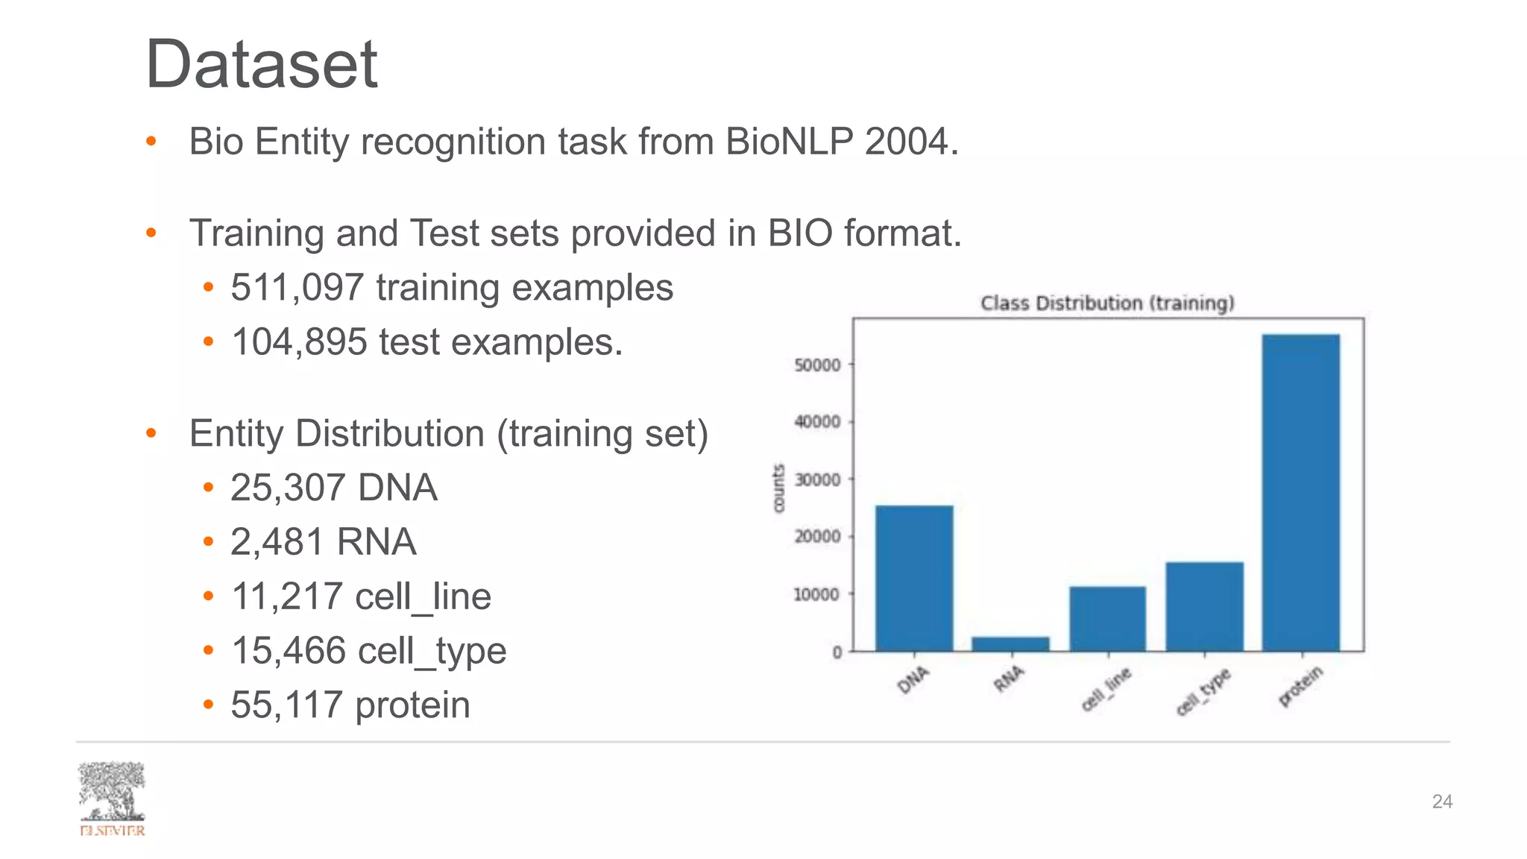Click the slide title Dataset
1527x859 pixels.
(261, 65)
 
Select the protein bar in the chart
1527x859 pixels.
(1300, 492)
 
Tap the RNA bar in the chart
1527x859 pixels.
(1010, 644)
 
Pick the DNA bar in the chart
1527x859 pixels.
(914, 578)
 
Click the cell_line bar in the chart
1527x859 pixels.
(1107, 619)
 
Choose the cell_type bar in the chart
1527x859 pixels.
(1204, 606)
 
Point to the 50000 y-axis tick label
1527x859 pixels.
(817, 365)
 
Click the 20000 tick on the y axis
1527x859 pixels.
(817, 537)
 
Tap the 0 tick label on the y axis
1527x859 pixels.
(837, 652)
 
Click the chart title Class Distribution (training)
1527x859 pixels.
(1107, 303)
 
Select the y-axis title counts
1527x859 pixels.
(778, 488)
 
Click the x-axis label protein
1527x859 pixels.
(1300, 686)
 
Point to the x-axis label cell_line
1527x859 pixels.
(1106, 689)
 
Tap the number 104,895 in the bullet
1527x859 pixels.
(299, 342)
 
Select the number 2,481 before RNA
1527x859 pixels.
(277, 542)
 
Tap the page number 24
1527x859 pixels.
(1442, 802)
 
